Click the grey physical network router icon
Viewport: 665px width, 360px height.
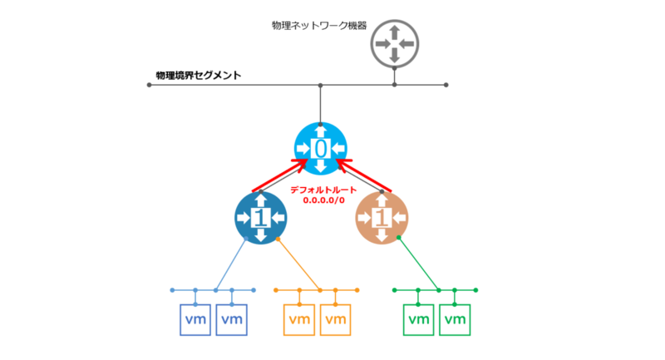pos(394,44)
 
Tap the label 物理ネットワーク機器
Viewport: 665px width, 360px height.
pos(319,26)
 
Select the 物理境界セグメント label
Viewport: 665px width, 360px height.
pos(199,76)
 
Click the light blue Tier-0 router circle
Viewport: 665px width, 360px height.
pos(321,149)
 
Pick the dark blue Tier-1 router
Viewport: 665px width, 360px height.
pos(261,218)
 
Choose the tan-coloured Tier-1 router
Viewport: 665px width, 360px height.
pos(382,218)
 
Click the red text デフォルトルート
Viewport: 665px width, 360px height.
pos(323,190)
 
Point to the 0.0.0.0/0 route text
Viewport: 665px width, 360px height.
pos(323,200)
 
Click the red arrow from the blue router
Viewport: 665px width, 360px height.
pos(279,175)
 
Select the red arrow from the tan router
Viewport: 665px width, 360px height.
pos(364,175)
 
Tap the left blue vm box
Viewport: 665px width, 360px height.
pos(195,320)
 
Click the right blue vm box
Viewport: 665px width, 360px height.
pos(232,320)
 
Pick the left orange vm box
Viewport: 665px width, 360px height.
pos(299,320)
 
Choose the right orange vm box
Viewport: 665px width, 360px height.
pos(336,320)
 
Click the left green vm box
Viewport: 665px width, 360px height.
pos(418,320)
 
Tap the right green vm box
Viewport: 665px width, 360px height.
pos(455,320)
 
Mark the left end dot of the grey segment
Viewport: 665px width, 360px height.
pos(150,85)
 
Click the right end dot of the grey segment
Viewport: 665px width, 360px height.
pos(446,85)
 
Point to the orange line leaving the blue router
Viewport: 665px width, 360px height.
pos(298,264)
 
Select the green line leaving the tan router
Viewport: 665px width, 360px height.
pos(419,264)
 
